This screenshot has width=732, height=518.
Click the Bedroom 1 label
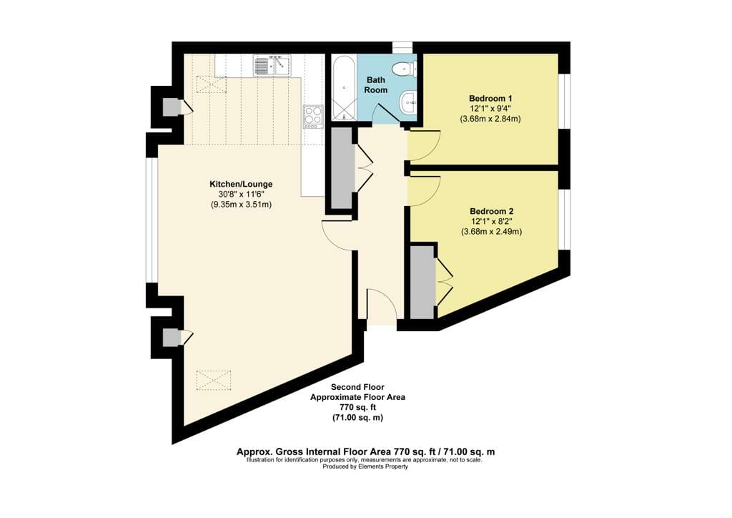pyautogui.click(x=490, y=99)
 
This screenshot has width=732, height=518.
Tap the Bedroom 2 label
pyautogui.click(x=492, y=211)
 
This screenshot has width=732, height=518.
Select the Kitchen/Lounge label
pyautogui.click(x=241, y=184)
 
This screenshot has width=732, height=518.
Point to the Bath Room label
pyautogui.click(x=376, y=85)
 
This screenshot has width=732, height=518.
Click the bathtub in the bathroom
pyautogui.click(x=343, y=88)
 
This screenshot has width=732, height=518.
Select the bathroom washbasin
pyautogui.click(x=408, y=102)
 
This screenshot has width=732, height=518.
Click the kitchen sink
pyautogui.click(x=272, y=65)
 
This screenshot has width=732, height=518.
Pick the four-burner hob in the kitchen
pyautogui.click(x=313, y=117)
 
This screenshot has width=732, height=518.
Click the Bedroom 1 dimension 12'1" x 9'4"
pyautogui.click(x=490, y=109)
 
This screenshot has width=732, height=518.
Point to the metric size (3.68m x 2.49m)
pyautogui.click(x=491, y=232)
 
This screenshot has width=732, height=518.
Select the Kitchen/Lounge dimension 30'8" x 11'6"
pyautogui.click(x=241, y=195)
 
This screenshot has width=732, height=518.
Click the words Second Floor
pyautogui.click(x=357, y=387)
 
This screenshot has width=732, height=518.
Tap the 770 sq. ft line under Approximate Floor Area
pyautogui.click(x=357, y=407)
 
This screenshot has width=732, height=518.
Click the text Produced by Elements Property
pyautogui.click(x=365, y=466)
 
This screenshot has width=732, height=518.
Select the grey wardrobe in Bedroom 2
pyautogui.click(x=422, y=282)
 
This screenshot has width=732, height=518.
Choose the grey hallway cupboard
pyautogui.click(x=342, y=167)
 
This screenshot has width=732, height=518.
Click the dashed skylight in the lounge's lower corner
pyautogui.click(x=214, y=380)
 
